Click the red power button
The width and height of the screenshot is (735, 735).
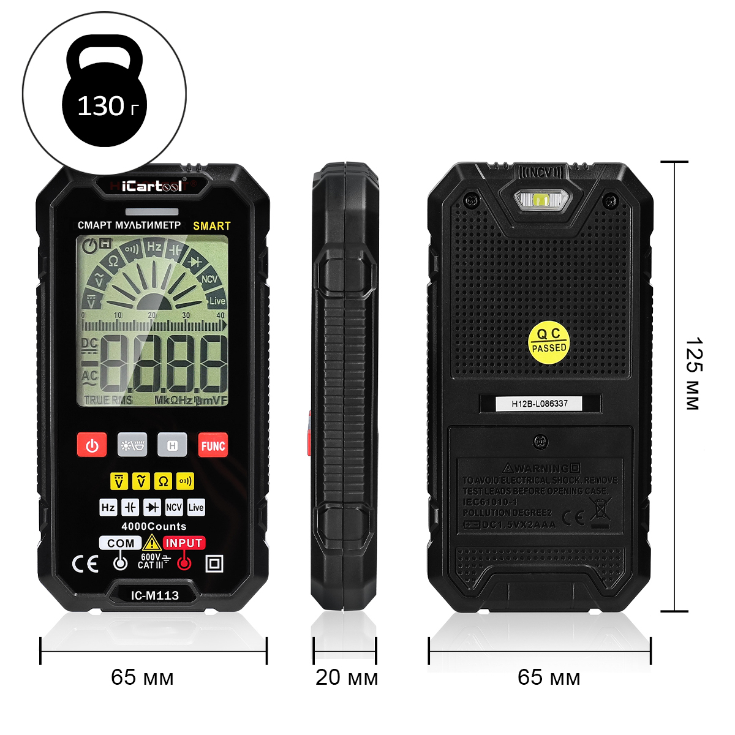[x=92, y=445]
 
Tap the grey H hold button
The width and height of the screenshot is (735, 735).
[x=172, y=445]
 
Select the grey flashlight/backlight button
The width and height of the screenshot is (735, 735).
[x=132, y=445]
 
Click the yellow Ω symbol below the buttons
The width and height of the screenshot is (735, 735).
[x=163, y=481]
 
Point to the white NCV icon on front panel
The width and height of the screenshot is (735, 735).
[x=174, y=507]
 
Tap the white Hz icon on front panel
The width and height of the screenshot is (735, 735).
[x=108, y=507]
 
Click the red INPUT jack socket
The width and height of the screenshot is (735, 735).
[x=184, y=563]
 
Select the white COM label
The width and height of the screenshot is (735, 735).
[x=121, y=543]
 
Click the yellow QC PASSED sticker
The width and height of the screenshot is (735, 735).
[x=549, y=341]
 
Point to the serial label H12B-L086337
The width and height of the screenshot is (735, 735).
[x=540, y=404]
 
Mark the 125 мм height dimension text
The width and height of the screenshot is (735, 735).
[x=693, y=373]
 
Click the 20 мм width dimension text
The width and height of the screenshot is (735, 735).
[x=347, y=677]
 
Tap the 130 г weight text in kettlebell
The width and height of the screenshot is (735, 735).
[x=108, y=107]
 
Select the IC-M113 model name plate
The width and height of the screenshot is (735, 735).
[x=154, y=595]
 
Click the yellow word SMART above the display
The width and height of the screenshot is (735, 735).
[x=212, y=226]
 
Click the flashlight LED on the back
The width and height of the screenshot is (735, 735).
[x=541, y=199]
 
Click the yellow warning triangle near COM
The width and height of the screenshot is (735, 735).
[x=152, y=543]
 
